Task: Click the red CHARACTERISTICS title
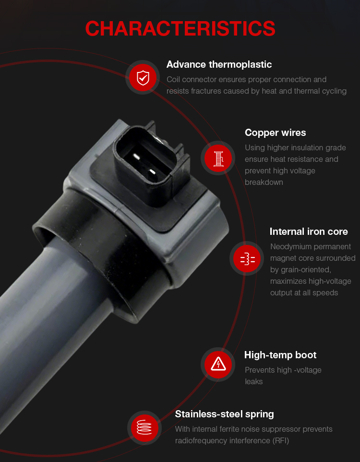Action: point(180,29)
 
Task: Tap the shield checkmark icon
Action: point(143,78)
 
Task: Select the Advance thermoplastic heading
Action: point(219,64)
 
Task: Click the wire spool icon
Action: point(218,158)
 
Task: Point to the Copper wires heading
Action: point(275,133)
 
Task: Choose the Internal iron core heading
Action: point(309,231)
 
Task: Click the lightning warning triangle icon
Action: point(218,364)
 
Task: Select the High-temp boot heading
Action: point(280,355)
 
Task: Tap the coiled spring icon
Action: point(144,427)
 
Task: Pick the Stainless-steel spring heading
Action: point(224,414)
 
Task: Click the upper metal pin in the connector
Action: point(136,157)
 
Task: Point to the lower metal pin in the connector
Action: point(152,172)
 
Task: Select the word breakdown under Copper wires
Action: point(264,182)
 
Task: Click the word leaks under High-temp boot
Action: point(253,382)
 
